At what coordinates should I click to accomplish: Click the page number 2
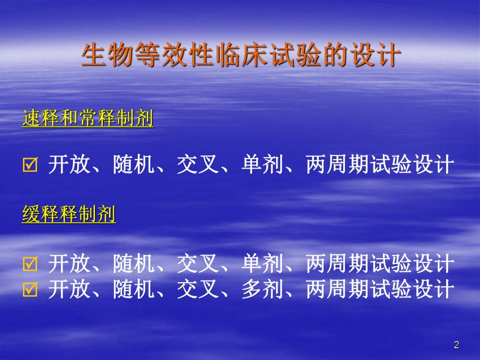(x=457, y=345)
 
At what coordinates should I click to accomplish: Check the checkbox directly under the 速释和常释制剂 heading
(x=30, y=166)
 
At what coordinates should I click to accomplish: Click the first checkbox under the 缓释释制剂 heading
(x=30, y=265)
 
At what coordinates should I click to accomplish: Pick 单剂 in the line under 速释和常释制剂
(x=258, y=166)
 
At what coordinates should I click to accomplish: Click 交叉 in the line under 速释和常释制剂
(x=194, y=166)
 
